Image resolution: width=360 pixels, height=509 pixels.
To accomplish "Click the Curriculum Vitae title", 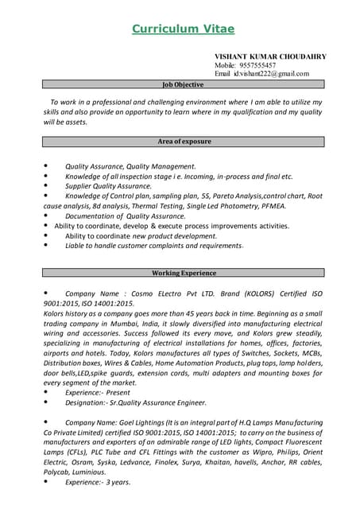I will tap(183, 29).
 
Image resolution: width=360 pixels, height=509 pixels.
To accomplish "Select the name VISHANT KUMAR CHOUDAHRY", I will tap(270, 56).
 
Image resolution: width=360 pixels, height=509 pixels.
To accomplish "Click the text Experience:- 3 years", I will tap(98, 482).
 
